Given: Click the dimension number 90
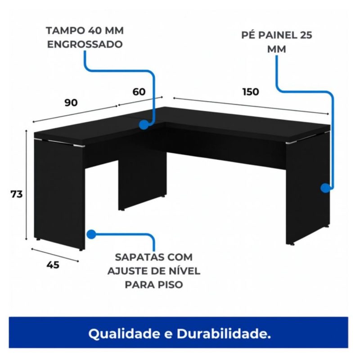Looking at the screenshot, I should (x=71, y=103).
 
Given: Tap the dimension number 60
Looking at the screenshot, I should (x=139, y=92).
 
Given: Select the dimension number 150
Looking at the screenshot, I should (x=251, y=92).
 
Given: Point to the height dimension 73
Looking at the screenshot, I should (x=17, y=194).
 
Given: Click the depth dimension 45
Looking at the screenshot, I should (x=53, y=265).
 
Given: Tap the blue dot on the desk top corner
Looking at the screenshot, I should (x=144, y=125).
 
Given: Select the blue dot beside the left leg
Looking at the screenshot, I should (x=91, y=234).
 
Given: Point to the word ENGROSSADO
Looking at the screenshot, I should (x=85, y=45).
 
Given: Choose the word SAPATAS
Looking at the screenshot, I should (x=134, y=257).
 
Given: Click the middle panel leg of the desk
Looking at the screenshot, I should (x=142, y=182).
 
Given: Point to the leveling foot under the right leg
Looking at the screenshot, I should (x=293, y=244).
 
